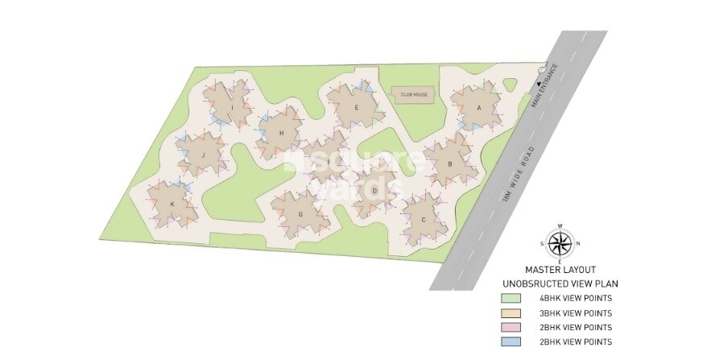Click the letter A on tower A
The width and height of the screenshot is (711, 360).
tap(479, 106)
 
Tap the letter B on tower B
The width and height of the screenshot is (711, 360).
tap(450, 163)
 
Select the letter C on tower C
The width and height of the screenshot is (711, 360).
tap(423, 219)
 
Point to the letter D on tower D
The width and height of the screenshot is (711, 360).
tap(374, 191)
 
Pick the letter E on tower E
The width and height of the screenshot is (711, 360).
tap(356, 106)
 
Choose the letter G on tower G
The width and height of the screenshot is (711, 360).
tap(300, 214)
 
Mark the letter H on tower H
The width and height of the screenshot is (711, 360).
tap(281, 134)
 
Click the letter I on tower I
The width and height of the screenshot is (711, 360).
tap(232, 106)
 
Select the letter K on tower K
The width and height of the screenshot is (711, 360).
tap(172, 205)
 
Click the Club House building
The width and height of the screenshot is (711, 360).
tap(414, 94)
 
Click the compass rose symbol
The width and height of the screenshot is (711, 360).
tap(560, 243)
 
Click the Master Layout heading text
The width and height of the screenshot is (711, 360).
tap(560, 270)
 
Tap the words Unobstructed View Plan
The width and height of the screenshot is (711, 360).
tap(560, 283)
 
